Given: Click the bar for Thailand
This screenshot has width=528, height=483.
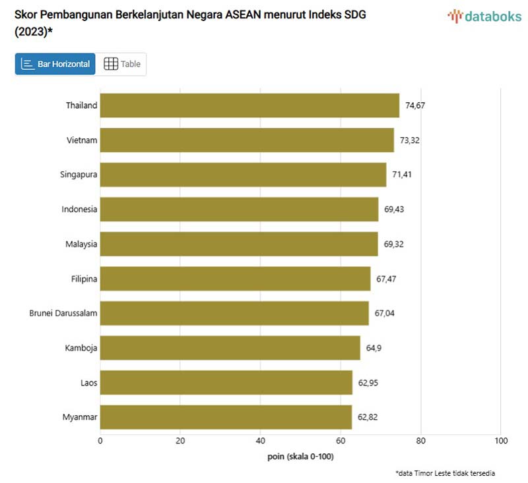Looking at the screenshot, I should pyautogui.click(x=249, y=105).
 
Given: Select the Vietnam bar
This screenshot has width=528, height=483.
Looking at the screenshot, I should pyautogui.click(x=247, y=140).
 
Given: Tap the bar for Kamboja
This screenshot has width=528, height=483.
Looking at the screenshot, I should pyautogui.click(x=230, y=347).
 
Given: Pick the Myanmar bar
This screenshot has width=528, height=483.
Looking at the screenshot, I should pyautogui.click(x=226, y=416).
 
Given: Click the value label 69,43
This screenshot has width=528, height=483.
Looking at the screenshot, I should pyautogui.click(x=395, y=210).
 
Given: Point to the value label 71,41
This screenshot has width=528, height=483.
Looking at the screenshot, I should pyautogui.click(x=403, y=175).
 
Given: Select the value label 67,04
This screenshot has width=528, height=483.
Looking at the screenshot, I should pyautogui.click(x=385, y=313).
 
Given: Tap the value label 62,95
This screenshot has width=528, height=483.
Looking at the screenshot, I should pyautogui.click(x=368, y=382).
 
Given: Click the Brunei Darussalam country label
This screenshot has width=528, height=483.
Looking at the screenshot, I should pyautogui.click(x=63, y=313).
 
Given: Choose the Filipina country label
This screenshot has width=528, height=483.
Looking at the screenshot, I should pyautogui.click(x=84, y=279).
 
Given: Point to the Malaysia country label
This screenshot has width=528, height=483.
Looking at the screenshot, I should pyautogui.click(x=81, y=244).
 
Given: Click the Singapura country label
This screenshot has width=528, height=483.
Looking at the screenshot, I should pyautogui.click(x=79, y=175).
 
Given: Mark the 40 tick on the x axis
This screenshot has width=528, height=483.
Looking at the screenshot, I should pyautogui.click(x=260, y=441).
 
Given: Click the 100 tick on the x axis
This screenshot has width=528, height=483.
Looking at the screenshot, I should pyautogui.click(x=500, y=441).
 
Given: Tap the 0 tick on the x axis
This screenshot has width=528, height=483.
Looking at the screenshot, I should pyautogui.click(x=100, y=441).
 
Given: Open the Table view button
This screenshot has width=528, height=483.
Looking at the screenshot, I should pyautogui.click(x=122, y=64).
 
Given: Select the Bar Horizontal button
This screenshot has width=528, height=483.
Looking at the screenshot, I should pyautogui.click(x=55, y=64).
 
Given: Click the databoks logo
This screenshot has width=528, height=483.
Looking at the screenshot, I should pyautogui.click(x=484, y=16).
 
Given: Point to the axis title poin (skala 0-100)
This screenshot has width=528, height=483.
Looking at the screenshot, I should pyautogui.click(x=300, y=456).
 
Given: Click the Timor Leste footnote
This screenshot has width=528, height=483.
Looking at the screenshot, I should pyautogui.click(x=445, y=473).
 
